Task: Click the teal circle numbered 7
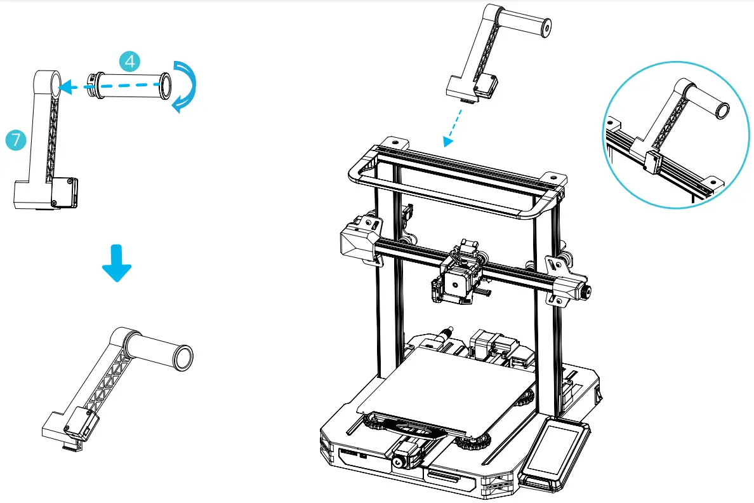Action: pyautogui.click(x=15, y=139)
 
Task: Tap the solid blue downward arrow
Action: pyautogui.click(x=117, y=261)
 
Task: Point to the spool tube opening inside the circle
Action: pyautogui.click(x=722, y=111)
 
